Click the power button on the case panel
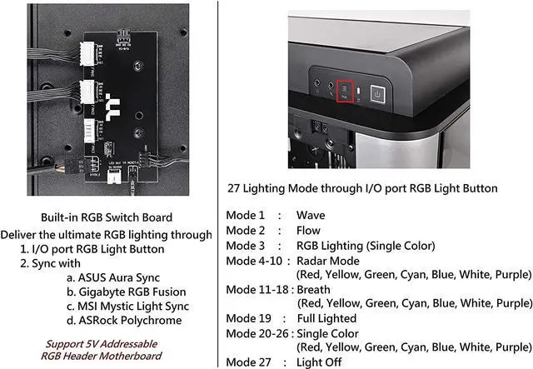pos(376,92)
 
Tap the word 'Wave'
pos(311,216)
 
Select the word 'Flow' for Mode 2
pos(309,230)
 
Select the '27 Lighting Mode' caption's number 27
pos(234,188)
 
